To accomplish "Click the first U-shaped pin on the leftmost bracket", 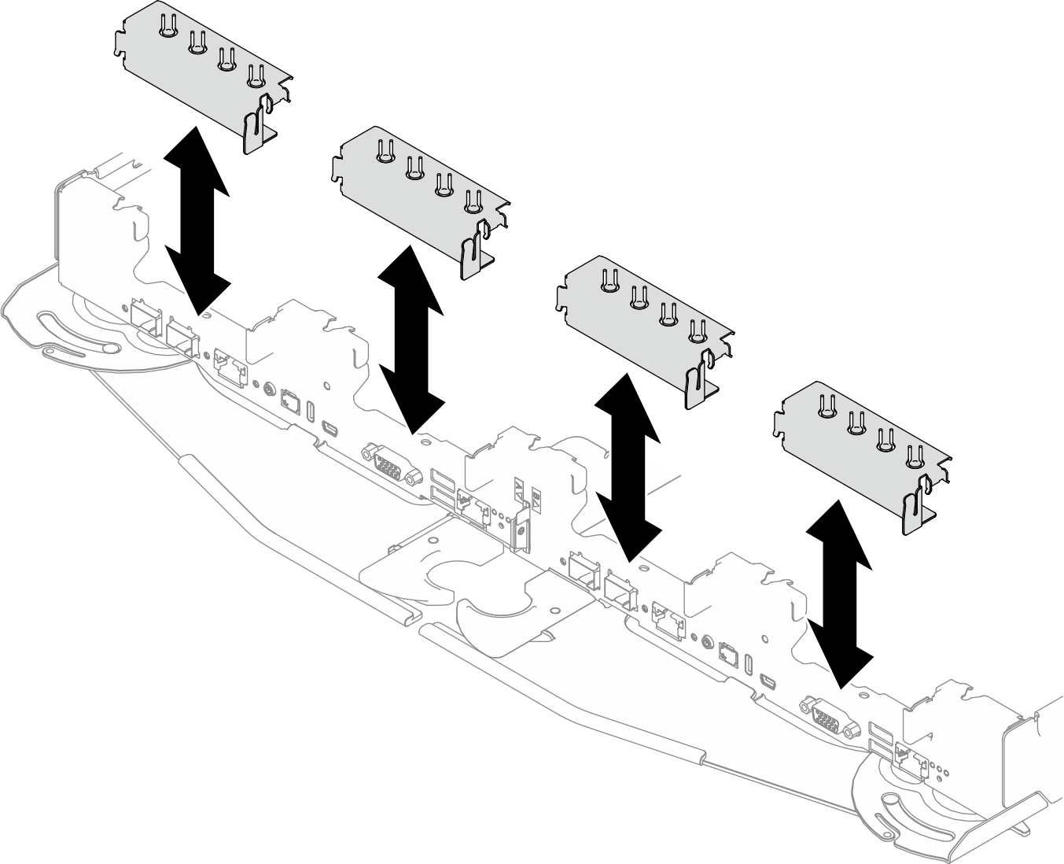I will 168,27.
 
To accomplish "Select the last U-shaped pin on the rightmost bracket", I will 914,456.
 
